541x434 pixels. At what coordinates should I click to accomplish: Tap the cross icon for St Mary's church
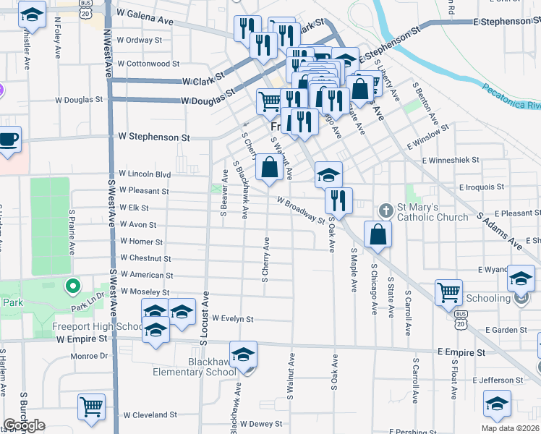point(386,211)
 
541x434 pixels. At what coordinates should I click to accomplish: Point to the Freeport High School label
point(98,326)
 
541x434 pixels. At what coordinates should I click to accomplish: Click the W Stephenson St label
point(154,136)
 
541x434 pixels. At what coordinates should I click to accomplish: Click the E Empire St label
point(461,352)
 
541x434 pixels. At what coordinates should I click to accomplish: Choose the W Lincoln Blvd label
point(145,174)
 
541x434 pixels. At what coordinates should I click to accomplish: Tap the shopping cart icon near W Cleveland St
point(91,407)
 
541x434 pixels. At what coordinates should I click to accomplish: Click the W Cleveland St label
point(150,416)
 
